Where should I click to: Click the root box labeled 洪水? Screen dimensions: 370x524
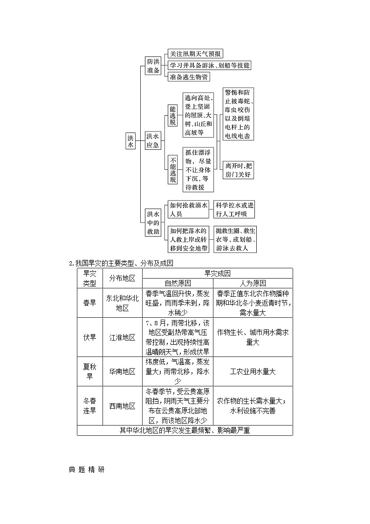130,141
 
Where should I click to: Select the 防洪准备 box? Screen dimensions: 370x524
153,66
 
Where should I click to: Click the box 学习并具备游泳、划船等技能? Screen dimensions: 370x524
209,65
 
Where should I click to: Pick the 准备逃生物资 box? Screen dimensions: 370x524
189,77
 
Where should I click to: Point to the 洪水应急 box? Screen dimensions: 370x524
153,140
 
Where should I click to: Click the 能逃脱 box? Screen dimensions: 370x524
172,115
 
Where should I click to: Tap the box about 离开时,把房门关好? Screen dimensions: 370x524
238,170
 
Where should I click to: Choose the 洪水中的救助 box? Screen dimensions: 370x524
153,223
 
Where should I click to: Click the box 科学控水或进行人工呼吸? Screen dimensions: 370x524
235,210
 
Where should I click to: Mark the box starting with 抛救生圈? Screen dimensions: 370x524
235,239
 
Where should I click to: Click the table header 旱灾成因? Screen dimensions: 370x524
217,273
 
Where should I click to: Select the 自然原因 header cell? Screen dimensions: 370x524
178,283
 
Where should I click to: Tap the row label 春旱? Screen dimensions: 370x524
89,303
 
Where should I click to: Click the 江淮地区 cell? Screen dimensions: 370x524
122,337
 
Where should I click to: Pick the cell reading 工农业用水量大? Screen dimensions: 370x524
253,371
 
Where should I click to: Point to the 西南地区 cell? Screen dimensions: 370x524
122,406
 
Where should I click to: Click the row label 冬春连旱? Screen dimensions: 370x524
89,405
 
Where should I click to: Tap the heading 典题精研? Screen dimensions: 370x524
86,469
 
